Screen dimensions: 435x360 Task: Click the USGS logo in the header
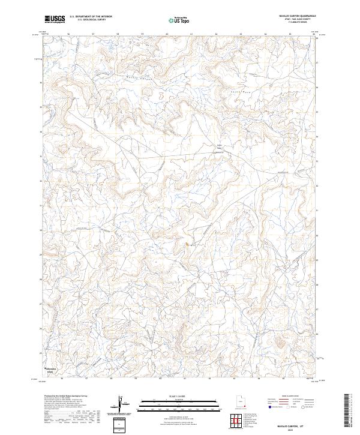pos(55,20)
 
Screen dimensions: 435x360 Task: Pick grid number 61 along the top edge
pos(191,35)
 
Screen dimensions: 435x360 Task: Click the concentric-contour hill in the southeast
pos(280,343)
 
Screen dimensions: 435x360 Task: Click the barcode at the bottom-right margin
pos(347,411)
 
